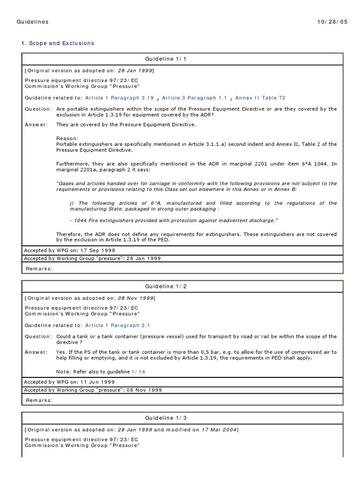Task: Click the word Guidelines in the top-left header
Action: click(x=32, y=22)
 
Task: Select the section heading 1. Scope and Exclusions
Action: click(x=58, y=43)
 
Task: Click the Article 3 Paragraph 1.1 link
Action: click(x=194, y=97)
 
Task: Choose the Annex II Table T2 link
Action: click(x=260, y=97)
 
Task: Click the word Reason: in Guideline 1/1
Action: click(x=68, y=138)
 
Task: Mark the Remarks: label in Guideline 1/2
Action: click(x=39, y=400)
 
